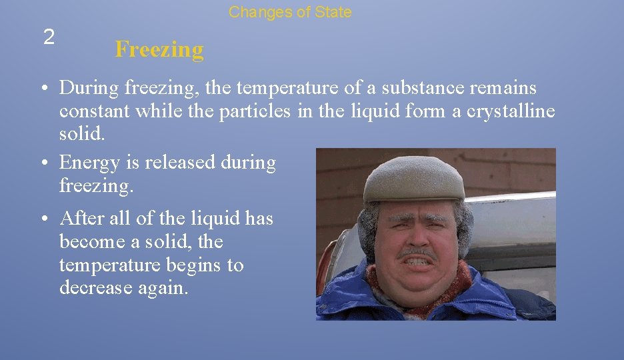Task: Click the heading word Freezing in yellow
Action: coord(159,49)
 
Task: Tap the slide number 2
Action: coord(49,37)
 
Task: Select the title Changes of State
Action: coord(290,12)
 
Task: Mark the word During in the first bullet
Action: coord(89,88)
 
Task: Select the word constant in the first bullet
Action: coord(95,111)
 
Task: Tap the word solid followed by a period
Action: coord(82,135)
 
